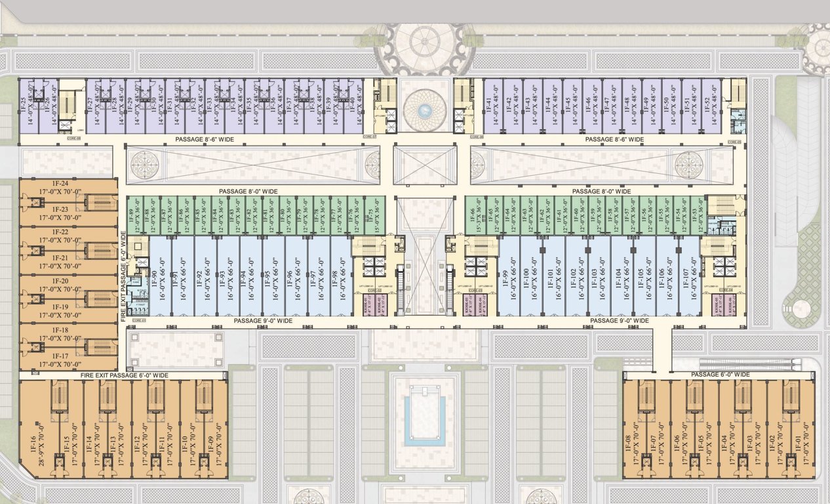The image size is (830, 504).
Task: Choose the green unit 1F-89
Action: click(x=134, y=215)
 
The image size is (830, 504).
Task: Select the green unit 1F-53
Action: click(x=698, y=215)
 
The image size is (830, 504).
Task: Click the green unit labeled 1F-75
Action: click(x=372, y=215)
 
